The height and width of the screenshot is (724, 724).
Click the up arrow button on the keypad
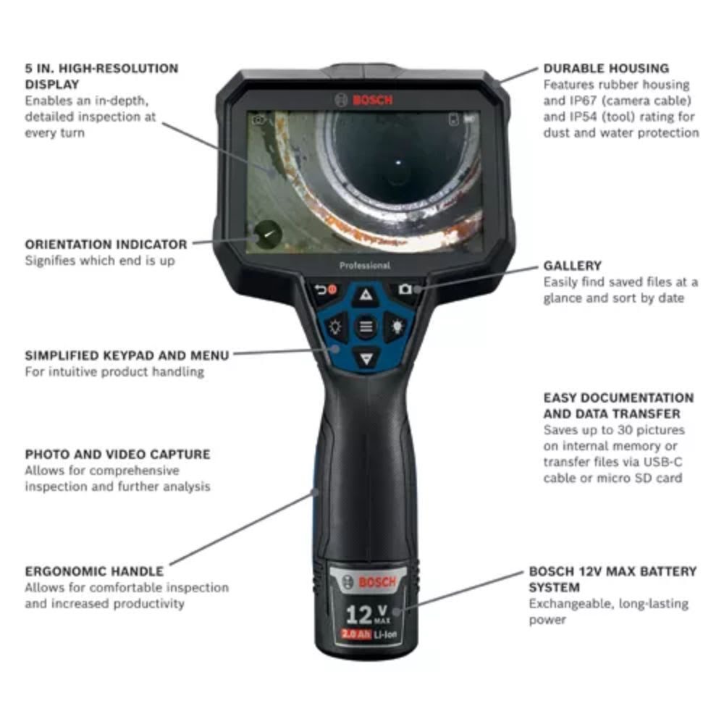click(x=366, y=295)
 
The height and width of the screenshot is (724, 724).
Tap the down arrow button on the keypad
click(x=367, y=357)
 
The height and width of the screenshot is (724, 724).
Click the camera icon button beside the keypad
click(x=405, y=290)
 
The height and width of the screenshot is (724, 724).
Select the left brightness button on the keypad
click(x=336, y=326)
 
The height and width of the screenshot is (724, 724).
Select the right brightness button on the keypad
click(x=397, y=326)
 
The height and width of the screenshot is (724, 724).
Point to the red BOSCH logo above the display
click(x=366, y=100)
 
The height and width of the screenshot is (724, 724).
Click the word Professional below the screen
click(x=364, y=266)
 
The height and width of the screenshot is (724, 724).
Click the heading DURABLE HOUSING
click(x=606, y=69)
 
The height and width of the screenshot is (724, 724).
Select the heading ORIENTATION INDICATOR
click(x=106, y=245)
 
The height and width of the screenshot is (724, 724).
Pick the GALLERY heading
click(x=572, y=266)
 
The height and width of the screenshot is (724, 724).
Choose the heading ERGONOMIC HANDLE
click(x=94, y=571)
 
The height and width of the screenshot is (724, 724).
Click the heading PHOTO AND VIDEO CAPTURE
click(x=117, y=455)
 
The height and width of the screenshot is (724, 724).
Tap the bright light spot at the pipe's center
click(x=397, y=164)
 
